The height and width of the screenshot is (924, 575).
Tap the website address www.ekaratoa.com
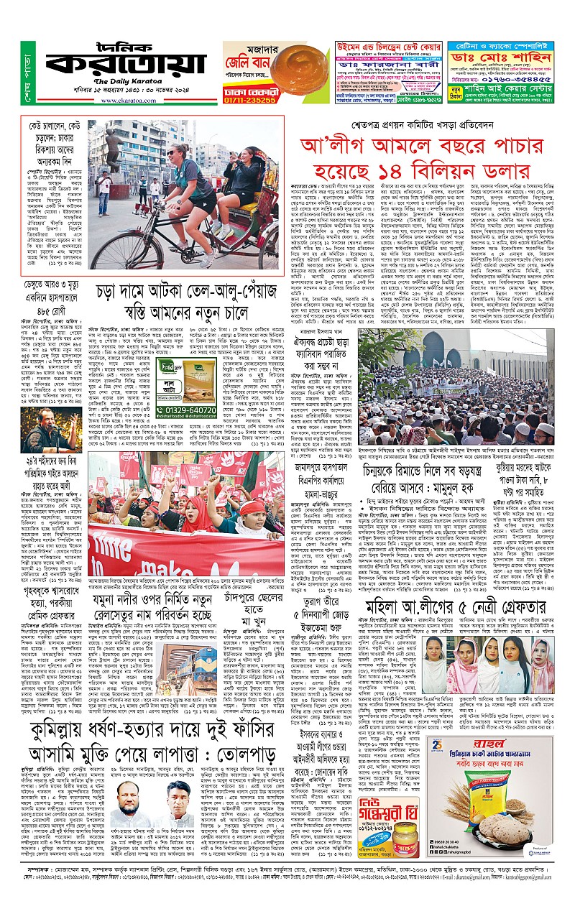pyautogui.click(x=129, y=101)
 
